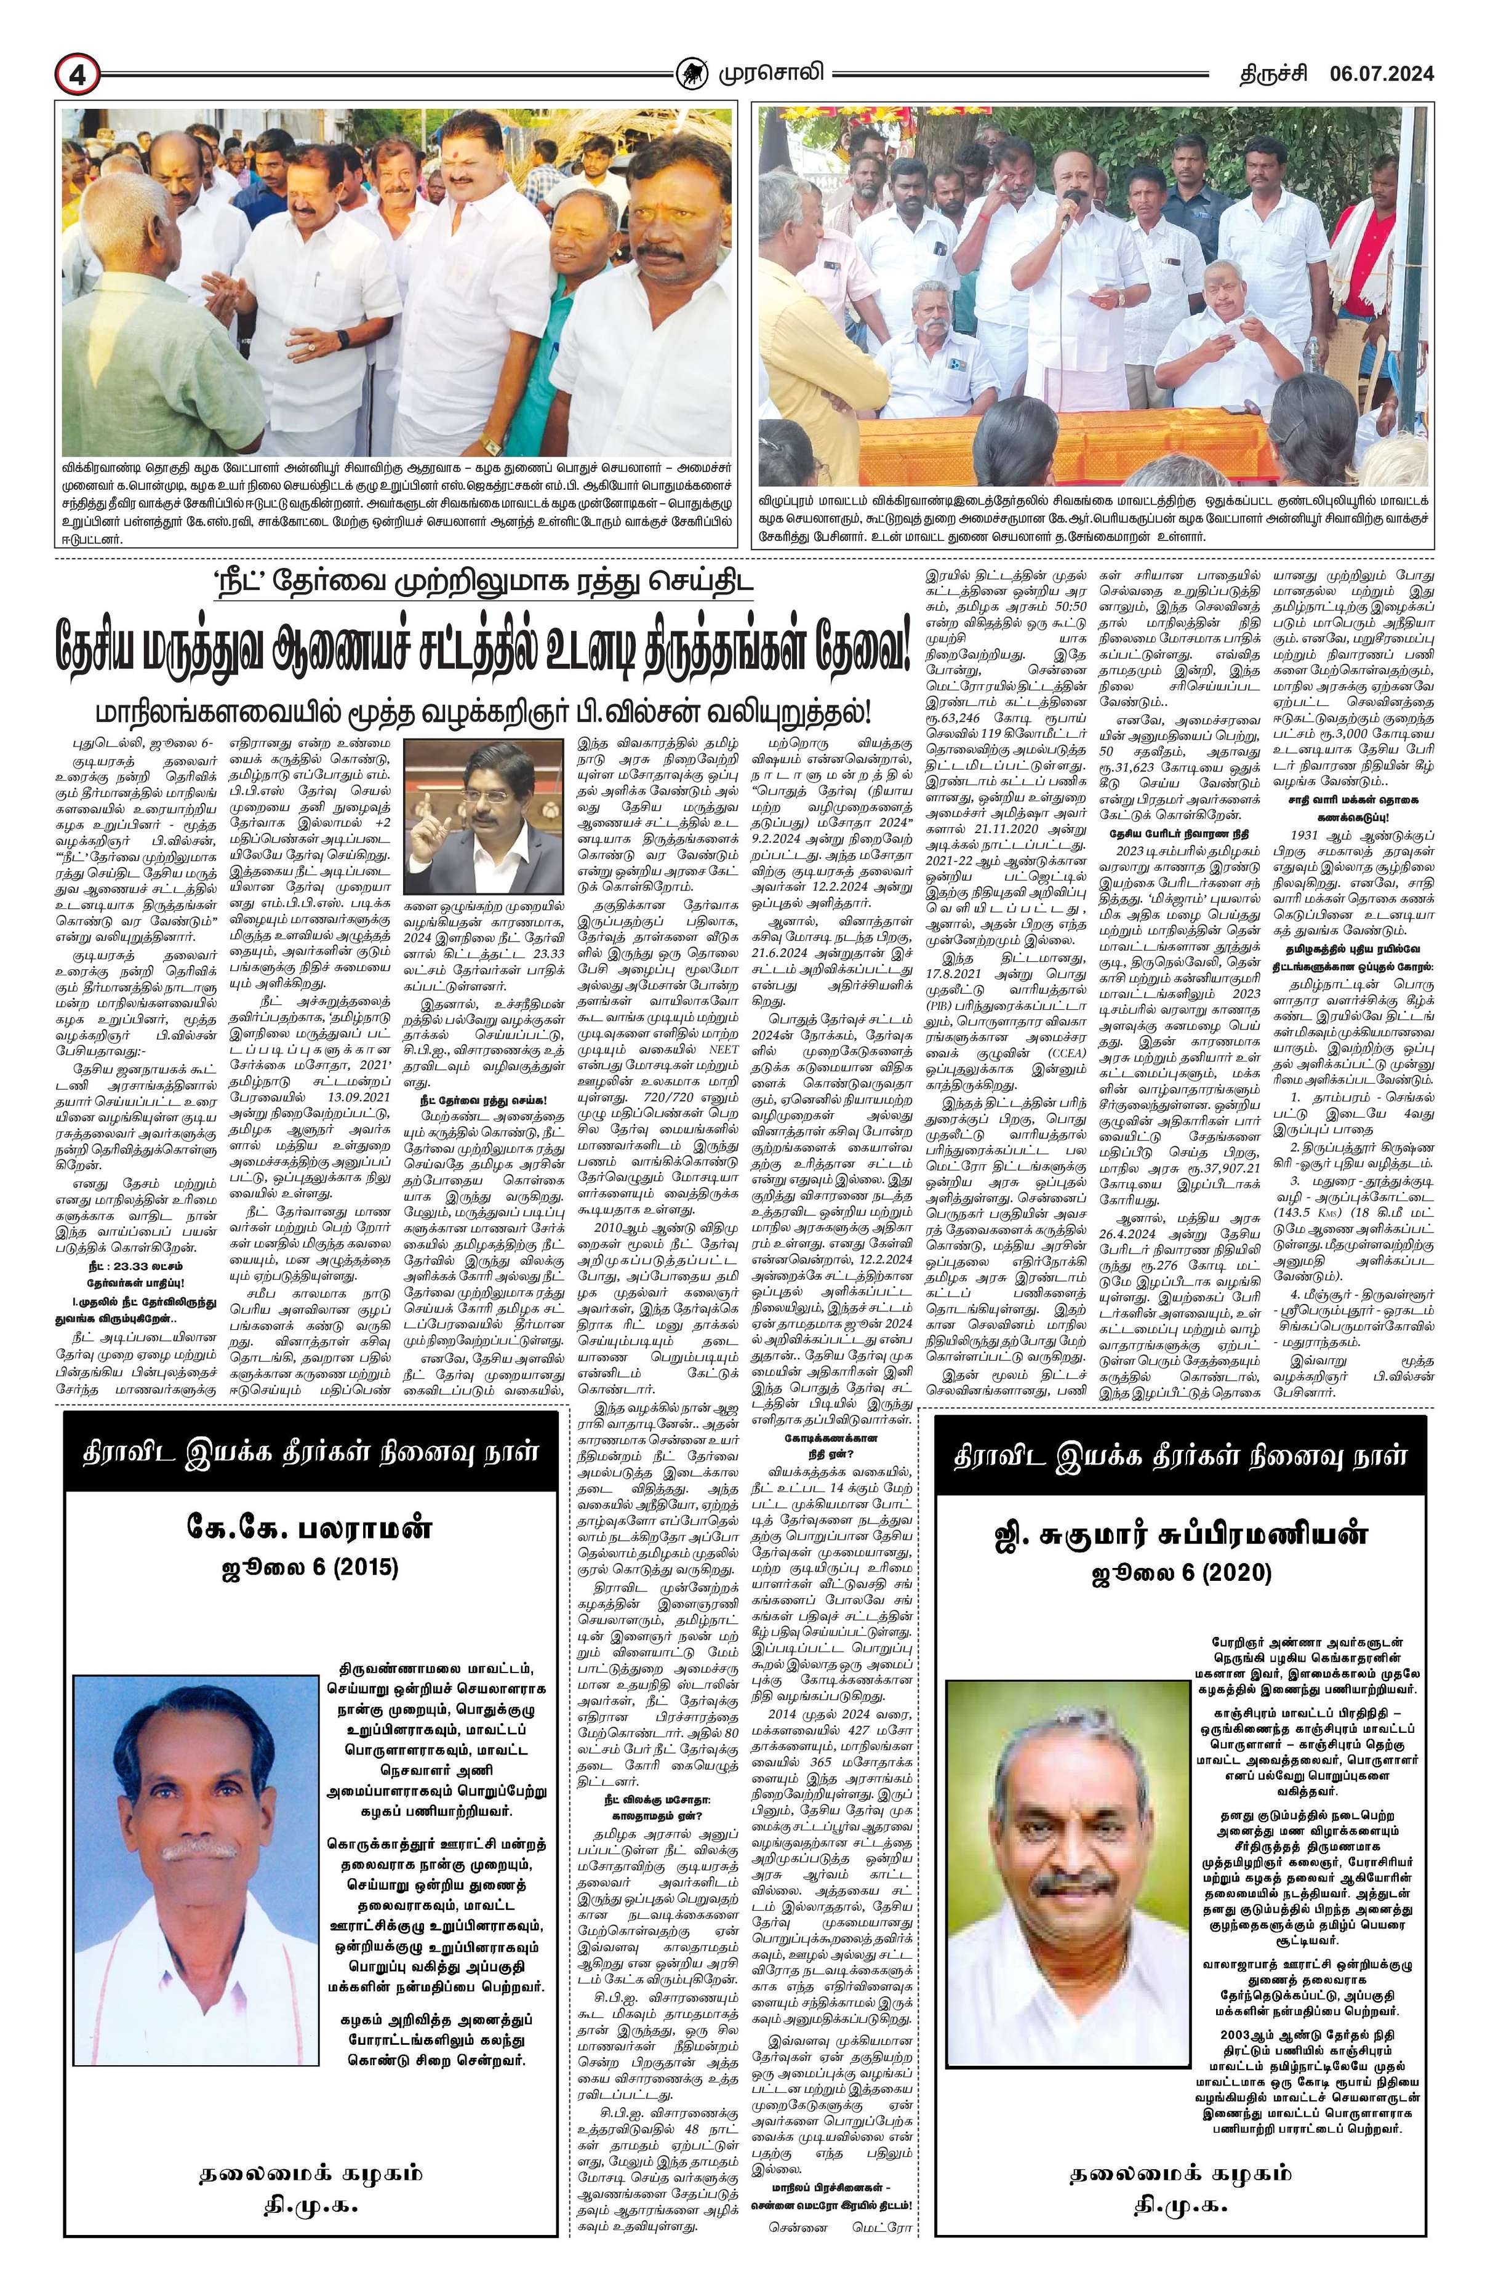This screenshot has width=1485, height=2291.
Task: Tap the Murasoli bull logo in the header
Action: coord(689,73)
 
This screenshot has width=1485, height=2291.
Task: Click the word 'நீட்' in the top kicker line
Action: coord(246,585)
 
